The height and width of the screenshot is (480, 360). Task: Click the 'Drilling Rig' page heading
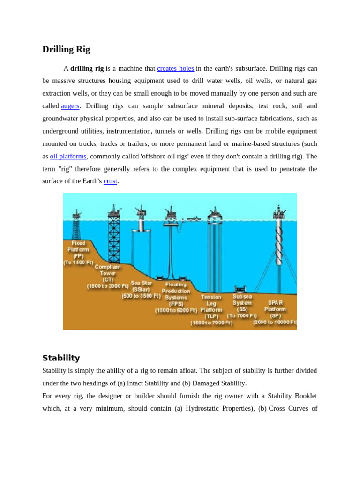66,49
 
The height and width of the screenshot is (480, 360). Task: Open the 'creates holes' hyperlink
175,68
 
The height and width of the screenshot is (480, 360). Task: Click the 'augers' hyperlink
70,106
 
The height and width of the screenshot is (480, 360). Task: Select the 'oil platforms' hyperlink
68,156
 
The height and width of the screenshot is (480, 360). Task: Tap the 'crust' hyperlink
110,181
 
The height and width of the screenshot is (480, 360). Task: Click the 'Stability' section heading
61,358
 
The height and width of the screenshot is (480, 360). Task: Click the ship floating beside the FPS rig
194,218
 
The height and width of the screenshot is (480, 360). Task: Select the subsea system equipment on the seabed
240,289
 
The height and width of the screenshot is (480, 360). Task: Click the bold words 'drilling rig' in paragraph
87,68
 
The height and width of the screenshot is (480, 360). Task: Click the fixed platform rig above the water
76,225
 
